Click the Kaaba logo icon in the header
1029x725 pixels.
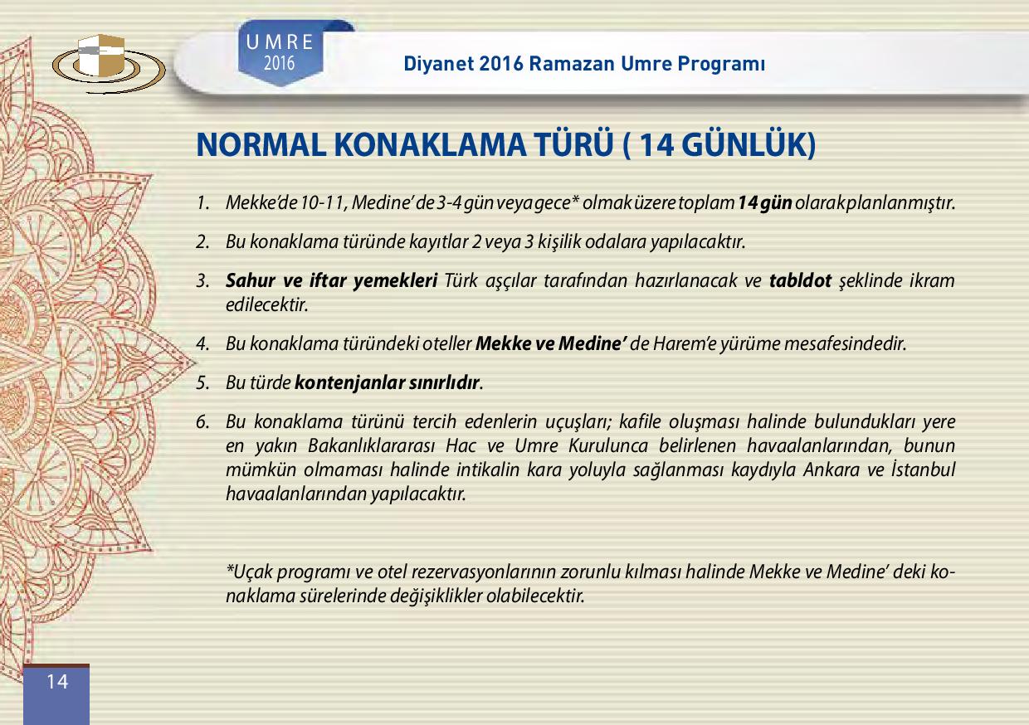109,62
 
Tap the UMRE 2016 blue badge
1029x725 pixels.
280,52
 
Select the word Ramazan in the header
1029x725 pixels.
572,64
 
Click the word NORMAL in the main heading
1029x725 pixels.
261,145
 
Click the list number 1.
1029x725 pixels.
202,203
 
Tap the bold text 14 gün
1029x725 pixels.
765,203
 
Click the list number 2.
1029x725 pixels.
202,242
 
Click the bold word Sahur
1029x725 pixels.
251,280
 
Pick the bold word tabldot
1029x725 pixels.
800,280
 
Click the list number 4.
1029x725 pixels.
202,344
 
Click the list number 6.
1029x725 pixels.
202,422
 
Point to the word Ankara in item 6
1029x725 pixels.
831,470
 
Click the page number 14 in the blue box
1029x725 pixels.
57,682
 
